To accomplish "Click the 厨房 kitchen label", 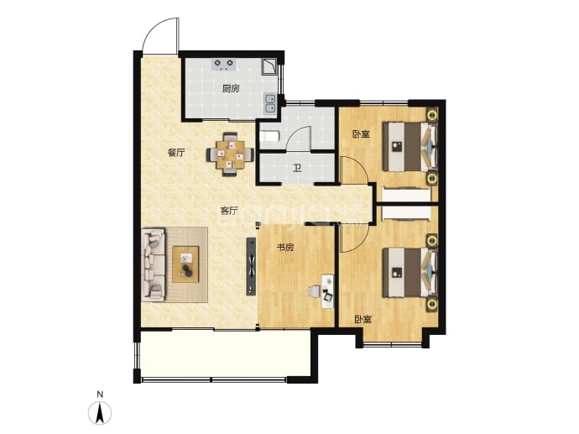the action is coord(231,89).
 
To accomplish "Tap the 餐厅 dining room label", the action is coord(176,153).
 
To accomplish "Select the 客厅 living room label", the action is coord(229,211).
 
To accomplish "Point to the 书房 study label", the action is coord(285,248).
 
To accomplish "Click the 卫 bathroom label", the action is coord(297,169).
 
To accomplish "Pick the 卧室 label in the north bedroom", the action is coord(361,134).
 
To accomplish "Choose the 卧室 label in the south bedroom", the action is coord(363,319).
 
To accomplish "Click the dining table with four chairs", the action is coord(231,154).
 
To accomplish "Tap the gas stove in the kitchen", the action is coord(223,65).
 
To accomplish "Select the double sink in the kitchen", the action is coord(271,103).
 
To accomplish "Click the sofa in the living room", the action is coord(153,264).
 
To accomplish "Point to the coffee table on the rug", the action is coord(185,264).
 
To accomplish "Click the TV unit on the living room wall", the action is coord(251,266).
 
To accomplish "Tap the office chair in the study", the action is coord(315,291).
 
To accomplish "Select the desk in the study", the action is coord(327,290).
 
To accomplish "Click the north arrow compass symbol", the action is coord(100,412).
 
